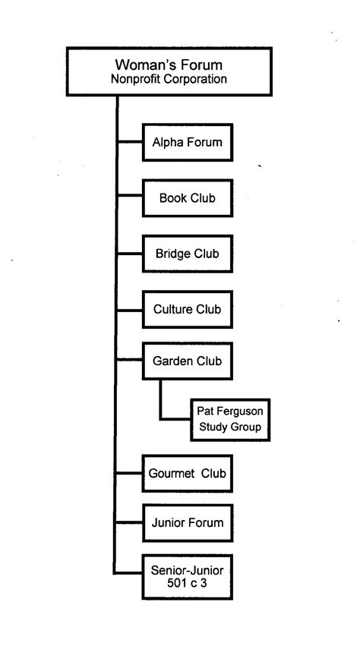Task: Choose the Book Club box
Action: click(x=187, y=198)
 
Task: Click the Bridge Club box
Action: click(x=187, y=254)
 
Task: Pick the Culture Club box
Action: click(x=187, y=309)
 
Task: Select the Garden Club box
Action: click(x=187, y=361)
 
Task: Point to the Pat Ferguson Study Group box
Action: click(x=229, y=419)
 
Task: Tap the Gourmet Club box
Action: click(x=187, y=474)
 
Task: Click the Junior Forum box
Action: click(x=187, y=522)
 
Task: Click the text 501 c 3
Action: click(x=187, y=585)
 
